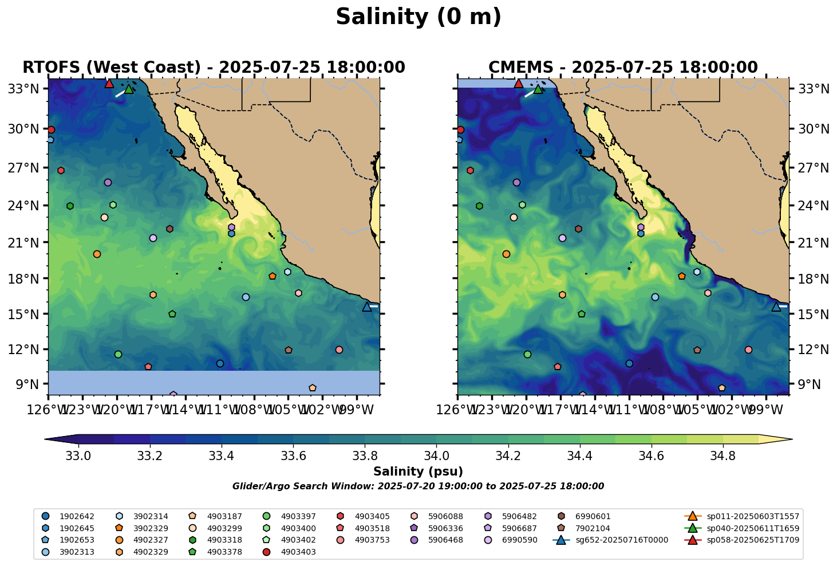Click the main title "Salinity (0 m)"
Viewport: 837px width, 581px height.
point(418,17)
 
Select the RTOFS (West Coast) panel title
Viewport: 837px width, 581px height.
point(214,68)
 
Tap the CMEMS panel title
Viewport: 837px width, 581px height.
point(623,68)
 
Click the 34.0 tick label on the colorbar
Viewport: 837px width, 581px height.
point(436,456)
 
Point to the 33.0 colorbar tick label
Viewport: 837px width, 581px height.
point(78,456)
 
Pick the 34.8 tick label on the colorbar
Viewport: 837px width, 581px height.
point(723,456)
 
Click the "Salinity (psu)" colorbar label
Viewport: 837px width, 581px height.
point(418,472)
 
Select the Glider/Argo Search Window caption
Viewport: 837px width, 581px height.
point(418,486)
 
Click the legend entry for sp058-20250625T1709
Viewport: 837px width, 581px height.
point(753,540)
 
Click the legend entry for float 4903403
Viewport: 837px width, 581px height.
point(298,552)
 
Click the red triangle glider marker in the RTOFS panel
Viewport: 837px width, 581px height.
point(109,84)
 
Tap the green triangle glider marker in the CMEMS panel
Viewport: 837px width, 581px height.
point(538,89)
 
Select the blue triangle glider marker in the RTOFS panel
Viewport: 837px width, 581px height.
point(367,307)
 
